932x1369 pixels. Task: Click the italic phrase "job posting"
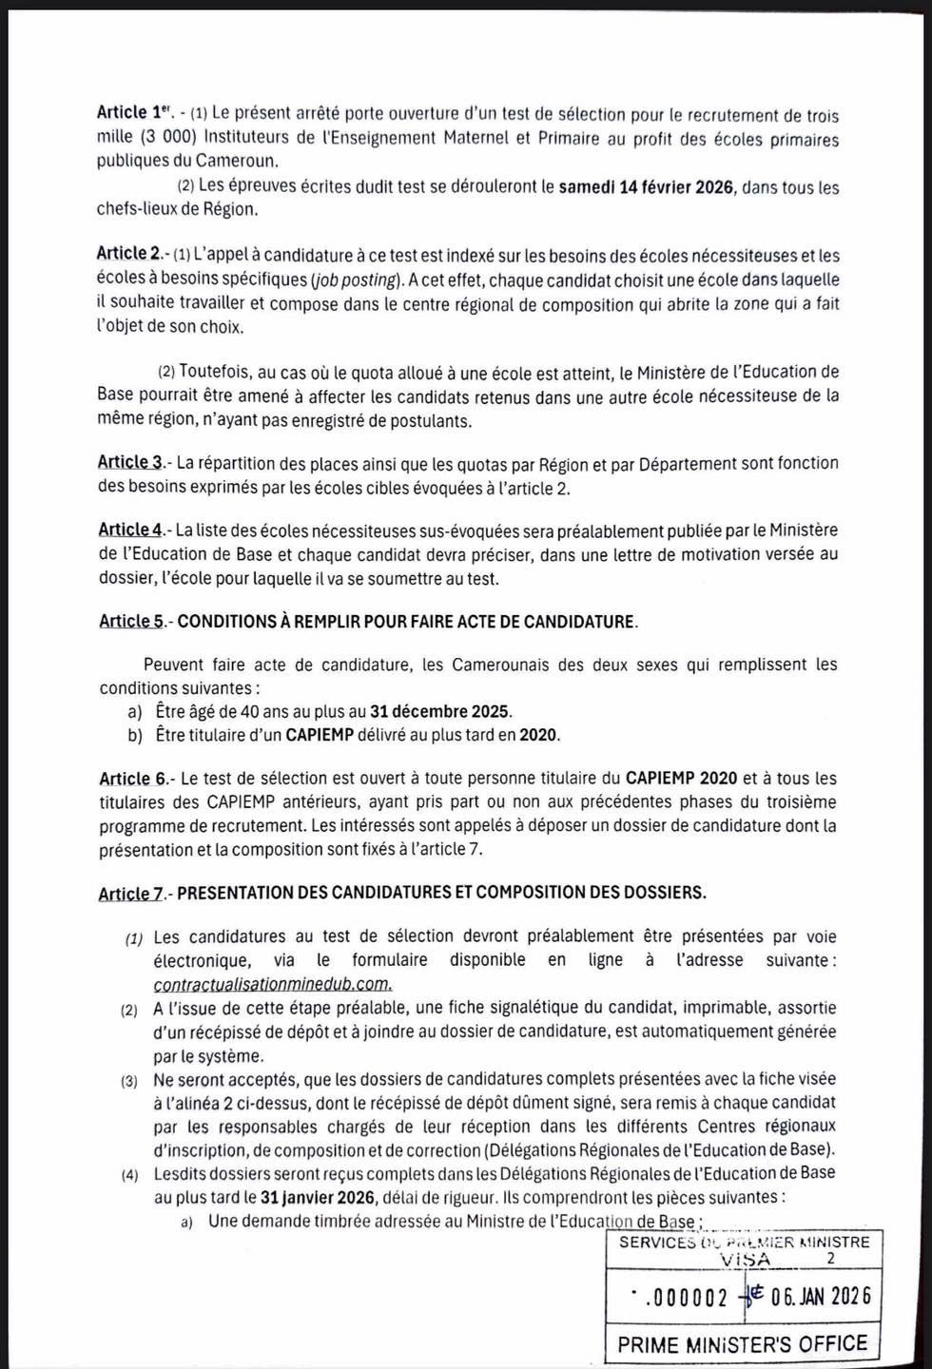[x=355, y=280]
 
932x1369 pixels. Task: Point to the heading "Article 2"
[x=128, y=254]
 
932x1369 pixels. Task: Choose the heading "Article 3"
[x=130, y=463]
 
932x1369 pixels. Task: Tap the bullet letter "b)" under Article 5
[x=134, y=735]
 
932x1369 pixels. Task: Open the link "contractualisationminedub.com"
[x=272, y=984]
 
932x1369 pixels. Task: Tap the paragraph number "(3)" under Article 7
[x=128, y=1080]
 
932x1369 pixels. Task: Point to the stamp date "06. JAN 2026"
[x=820, y=1298]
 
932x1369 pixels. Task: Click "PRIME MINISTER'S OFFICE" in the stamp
[x=742, y=1344]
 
